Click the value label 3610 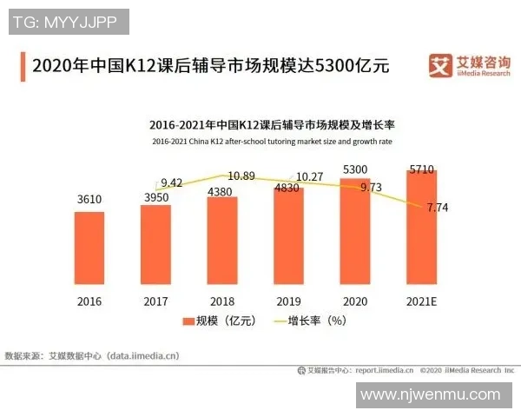[x=89, y=200]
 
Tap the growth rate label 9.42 [x=172, y=182]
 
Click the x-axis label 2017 [x=155, y=301]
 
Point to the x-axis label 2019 [x=288, y=301]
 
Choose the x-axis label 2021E [x=422, y=301]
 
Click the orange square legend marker [x=187, y=321]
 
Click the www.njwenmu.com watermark [x=430, y=395]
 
